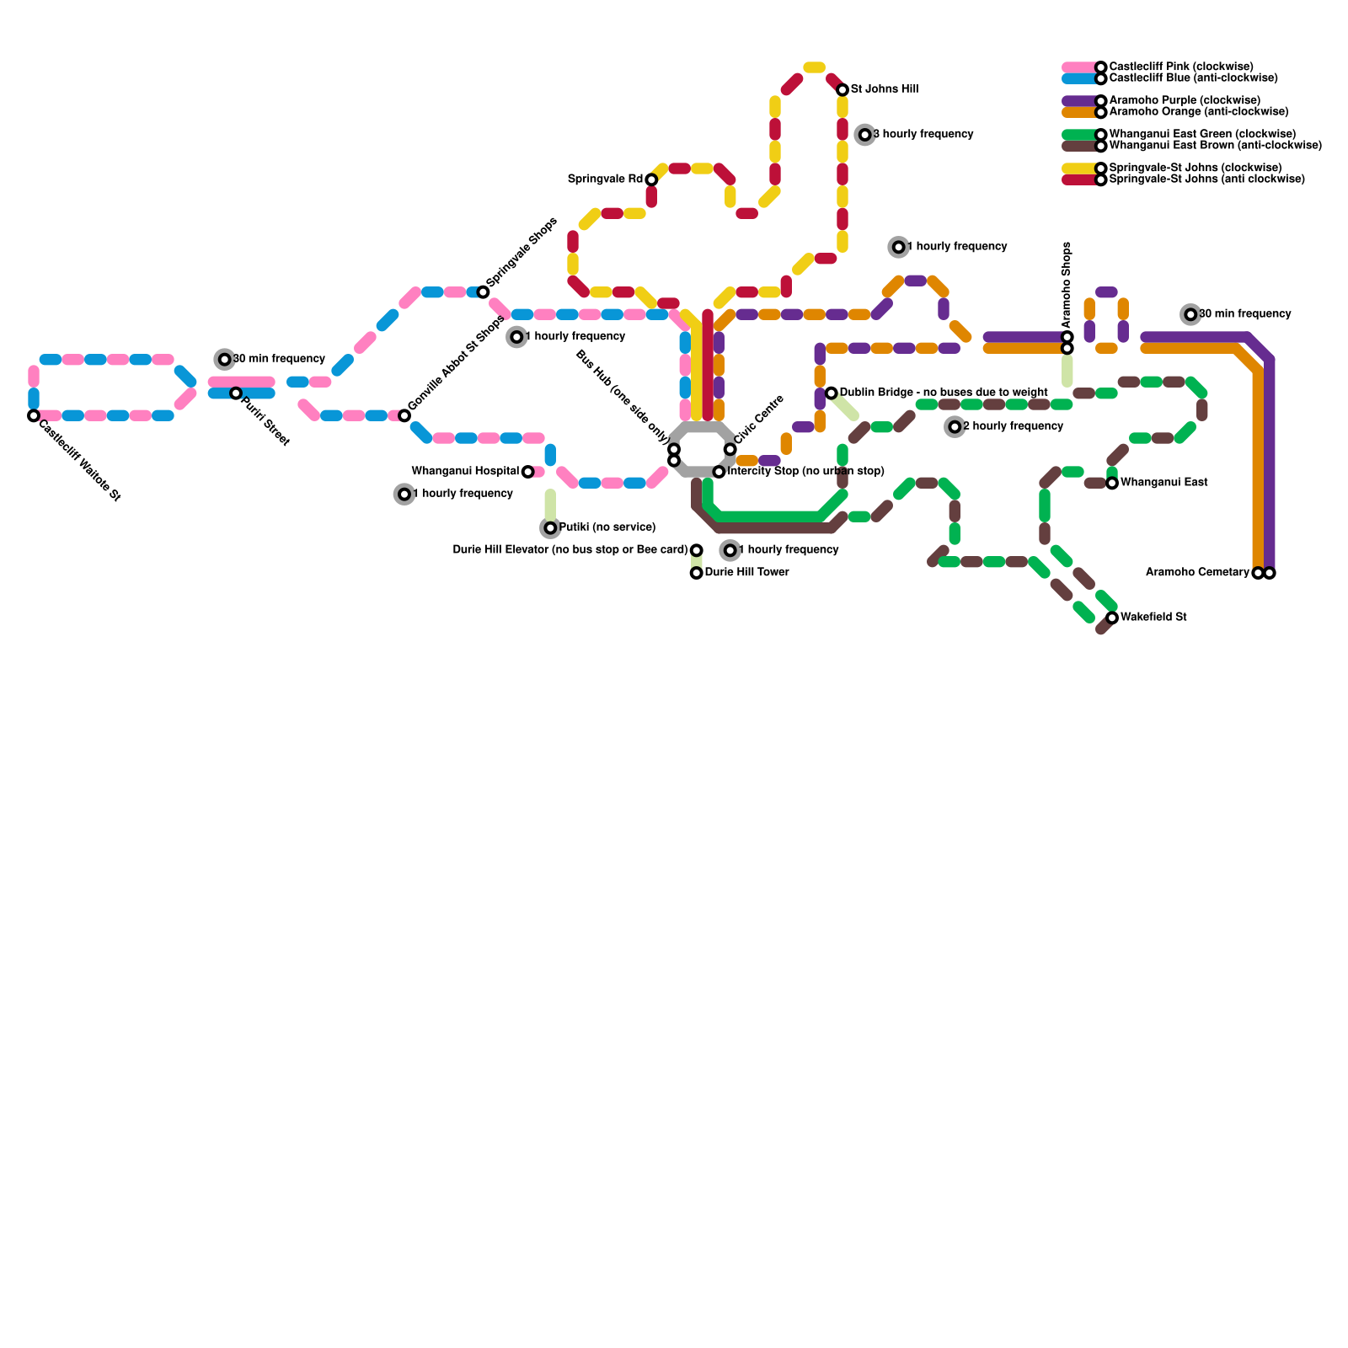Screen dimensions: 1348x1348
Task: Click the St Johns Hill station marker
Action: coord(842,90)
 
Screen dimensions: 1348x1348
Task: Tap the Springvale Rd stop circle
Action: coord(651,179)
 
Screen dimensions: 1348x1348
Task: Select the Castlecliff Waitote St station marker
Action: coord(34,415)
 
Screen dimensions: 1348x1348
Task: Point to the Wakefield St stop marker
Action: coord(1112,618)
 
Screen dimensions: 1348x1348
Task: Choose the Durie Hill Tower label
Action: coord(746,573)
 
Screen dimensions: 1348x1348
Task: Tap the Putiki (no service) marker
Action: coord(550,528)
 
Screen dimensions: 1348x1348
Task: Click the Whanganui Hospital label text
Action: coord(465,472)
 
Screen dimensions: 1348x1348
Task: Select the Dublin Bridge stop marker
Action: coord(832,393)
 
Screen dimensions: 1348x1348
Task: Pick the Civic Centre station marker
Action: coord(730,449)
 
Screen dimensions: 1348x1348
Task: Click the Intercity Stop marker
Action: coord(719,472)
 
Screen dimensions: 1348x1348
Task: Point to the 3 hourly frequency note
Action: coord(923,135)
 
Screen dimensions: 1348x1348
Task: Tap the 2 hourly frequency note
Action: coord(1012,426)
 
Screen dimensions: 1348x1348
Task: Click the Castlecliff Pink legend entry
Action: coord(1180,67)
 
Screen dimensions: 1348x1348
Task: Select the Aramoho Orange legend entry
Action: coord(1198,112)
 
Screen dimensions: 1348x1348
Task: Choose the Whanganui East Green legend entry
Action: coord(1202,135)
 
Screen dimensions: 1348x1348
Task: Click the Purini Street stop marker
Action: coord(236,393)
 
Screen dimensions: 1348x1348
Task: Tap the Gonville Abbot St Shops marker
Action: coord(404,415)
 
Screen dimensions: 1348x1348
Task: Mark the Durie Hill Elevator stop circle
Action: coord(697,550)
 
